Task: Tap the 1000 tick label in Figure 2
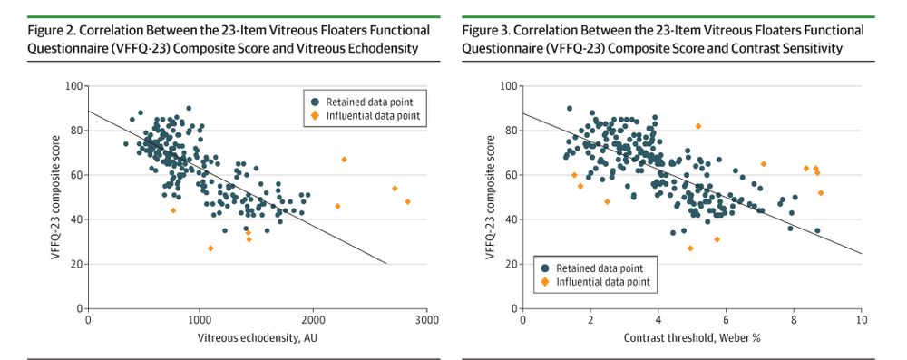[200, 320]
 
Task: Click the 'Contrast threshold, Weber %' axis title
[691, 339]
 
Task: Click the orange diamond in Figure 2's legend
[310, 116]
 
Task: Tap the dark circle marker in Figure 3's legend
[545, 268]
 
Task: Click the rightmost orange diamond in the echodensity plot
[407, 201]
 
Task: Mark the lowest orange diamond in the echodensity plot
[210, 248]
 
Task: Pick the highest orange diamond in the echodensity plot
[344, 160]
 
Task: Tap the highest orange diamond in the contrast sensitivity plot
[697, 126]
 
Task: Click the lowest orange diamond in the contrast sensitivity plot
[689, 248]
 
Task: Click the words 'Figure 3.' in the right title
[488, 30]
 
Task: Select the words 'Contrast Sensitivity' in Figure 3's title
[808, 47]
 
